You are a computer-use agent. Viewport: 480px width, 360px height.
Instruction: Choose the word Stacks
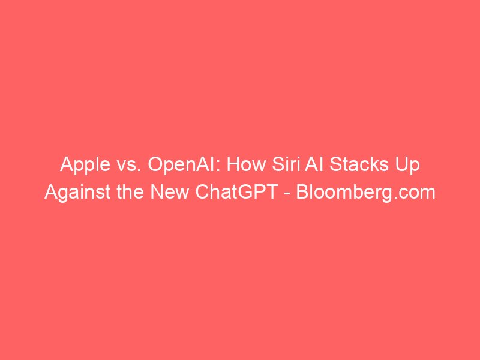tap(355, 164)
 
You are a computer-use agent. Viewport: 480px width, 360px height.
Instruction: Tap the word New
tap(169, 192)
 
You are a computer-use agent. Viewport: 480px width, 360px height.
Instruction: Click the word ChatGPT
tap(236, 192)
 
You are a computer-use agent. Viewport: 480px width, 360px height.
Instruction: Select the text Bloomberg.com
tap(365, 193)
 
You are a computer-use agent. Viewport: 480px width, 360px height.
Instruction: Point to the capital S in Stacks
tap(335, 164)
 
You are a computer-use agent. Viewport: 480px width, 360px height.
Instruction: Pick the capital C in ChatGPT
tap(202, 192)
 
